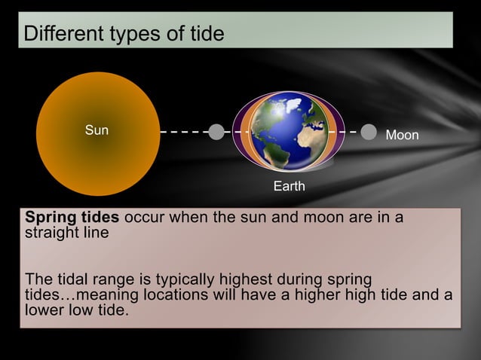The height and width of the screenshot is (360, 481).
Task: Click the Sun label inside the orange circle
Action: coord(97,130)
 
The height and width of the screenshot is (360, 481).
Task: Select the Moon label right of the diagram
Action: coord(402,135)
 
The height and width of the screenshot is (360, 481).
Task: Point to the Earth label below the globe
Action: coord(289,186)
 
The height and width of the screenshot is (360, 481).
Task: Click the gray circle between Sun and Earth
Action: coord(216,132)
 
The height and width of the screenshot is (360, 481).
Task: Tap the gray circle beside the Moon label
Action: coord(369,132)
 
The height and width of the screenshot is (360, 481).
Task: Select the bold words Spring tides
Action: coord(72,218)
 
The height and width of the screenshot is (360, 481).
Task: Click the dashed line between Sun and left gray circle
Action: coord(184,132)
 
